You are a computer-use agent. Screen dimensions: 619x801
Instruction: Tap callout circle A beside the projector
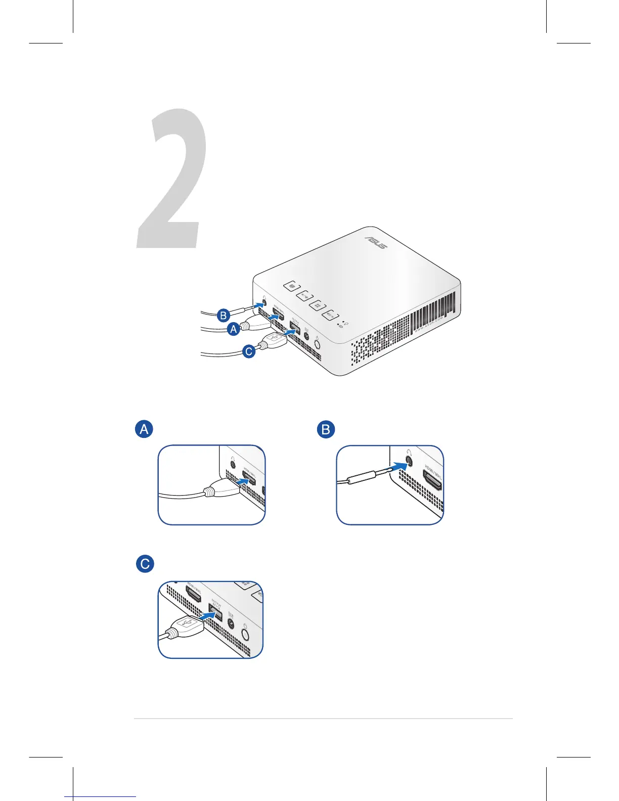click(233, 329)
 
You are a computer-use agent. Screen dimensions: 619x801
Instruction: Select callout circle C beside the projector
click(249, 351)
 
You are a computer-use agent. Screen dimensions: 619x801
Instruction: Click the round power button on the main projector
click(317, 344)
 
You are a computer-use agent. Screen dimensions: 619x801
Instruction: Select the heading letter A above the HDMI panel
click(144, 429)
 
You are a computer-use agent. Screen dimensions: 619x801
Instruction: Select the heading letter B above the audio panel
click(326, 429)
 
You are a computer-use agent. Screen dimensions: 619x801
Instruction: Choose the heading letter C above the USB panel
click(145, 563)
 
